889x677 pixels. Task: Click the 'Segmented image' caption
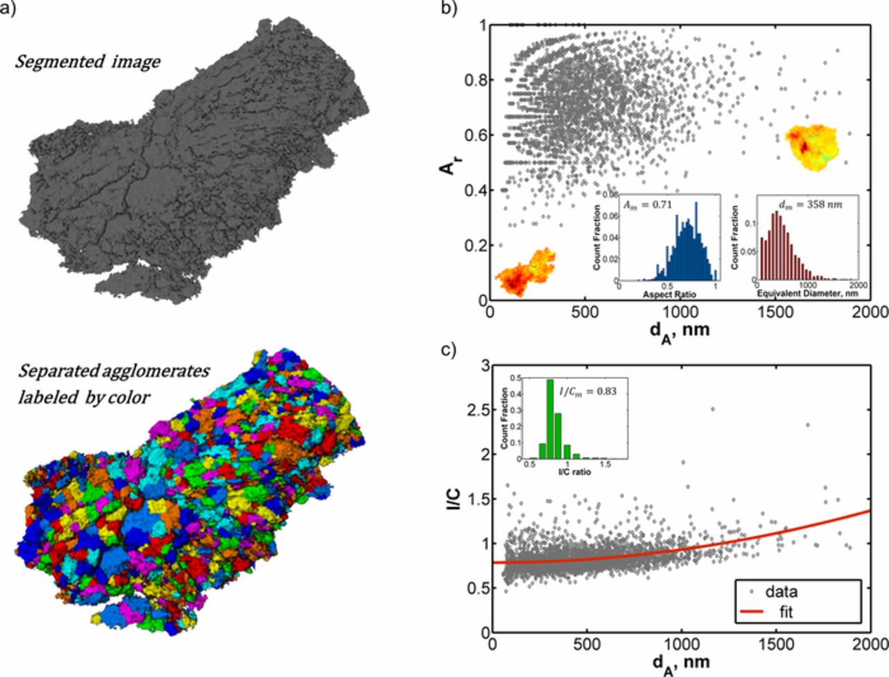point(88,62)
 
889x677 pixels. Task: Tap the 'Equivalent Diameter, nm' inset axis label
point(806,294)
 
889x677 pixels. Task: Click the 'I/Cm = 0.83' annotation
point(588,391)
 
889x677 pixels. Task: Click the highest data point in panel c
point(713,409)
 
